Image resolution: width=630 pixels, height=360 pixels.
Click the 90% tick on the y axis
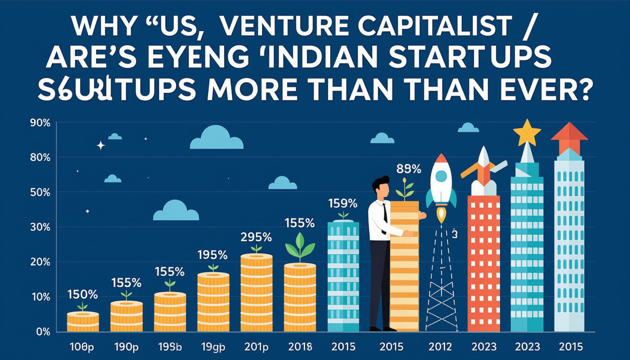pos(39,123)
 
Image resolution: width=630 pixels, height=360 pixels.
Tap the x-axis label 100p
pos(82,347)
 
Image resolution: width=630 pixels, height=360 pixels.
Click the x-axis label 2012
pos(440,347)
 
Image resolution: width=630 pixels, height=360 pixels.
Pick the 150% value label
pos(82,295)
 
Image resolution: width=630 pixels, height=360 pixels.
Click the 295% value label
pos(256,237)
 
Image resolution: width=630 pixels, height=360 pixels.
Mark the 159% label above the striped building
pos(343,204)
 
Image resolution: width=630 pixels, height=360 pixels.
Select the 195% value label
pos(212,255)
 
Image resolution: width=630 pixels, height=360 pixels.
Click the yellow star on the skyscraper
pos(527,133)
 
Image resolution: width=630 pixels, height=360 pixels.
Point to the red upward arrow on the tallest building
pos(569,136)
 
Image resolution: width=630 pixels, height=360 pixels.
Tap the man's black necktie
pos(384,213)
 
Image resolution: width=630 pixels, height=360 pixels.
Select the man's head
pos(381,187)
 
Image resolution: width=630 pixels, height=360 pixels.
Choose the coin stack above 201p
pos(256,293)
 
